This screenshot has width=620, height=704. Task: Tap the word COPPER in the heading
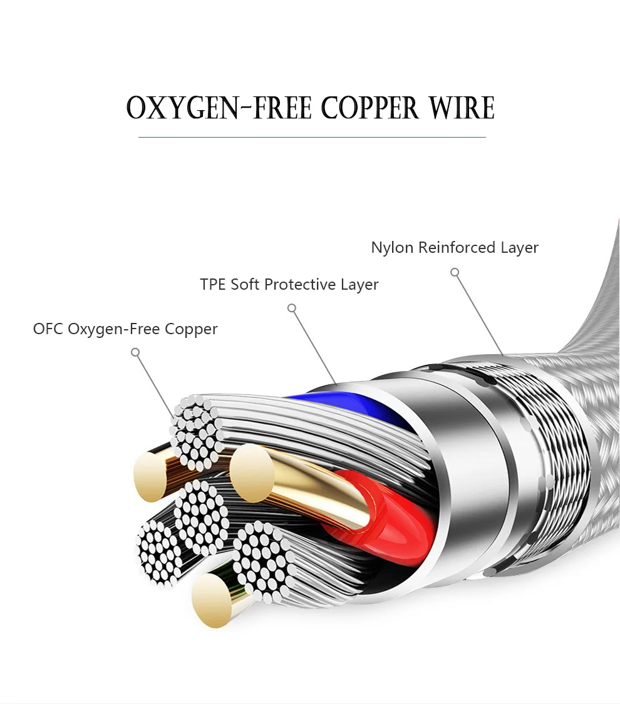(370, 108)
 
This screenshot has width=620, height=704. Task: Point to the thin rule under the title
(312, 137)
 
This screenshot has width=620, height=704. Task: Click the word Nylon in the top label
(392, 247)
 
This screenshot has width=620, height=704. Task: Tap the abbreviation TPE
(212, 284)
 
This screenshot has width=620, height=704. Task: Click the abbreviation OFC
(48, 329)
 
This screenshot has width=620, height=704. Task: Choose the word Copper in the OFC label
(191, 330)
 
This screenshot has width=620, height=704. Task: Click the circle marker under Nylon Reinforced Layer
(455, 272)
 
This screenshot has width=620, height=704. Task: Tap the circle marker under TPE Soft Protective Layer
(292, 308)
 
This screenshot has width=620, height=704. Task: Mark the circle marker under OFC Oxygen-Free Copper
(135, 352)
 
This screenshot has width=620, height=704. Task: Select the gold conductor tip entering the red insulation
(252, 473)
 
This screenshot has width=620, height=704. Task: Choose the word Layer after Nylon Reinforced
(519, 248)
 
